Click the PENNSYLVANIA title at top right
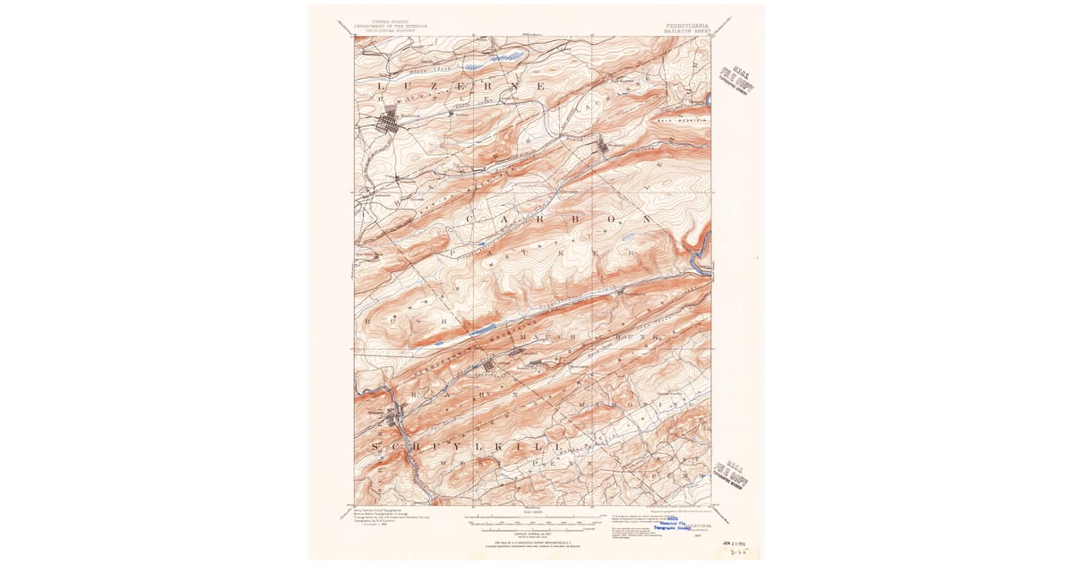click(x=687, y=26)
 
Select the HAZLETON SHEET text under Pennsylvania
click(x=687, y=31)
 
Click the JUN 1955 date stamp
click(x=735, y=542)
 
